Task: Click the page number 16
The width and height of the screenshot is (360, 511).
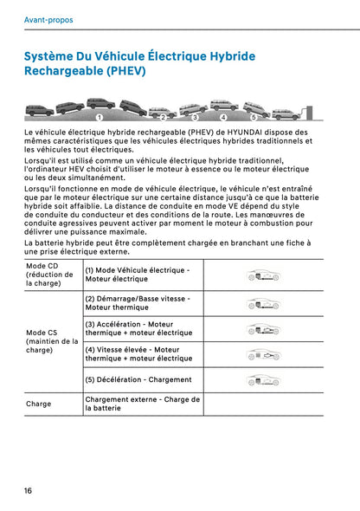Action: [x=29, y=490]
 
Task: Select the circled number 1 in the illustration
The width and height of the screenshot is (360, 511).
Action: [x=100, y=116]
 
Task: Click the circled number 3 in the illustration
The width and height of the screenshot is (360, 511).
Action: [x=195, y=116]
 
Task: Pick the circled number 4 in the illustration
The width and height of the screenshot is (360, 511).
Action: [x=223, y=116]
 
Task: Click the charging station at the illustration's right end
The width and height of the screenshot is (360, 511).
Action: [x=298, y=113]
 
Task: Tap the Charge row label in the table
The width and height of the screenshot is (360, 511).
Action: [x=39, y=404]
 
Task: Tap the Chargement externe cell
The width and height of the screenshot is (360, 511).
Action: [x=142, y=404]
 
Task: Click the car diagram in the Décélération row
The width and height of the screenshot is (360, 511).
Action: [x=263, y=379]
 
